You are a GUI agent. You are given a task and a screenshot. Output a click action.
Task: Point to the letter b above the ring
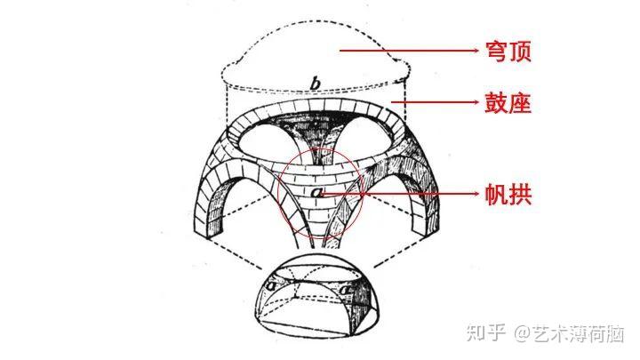coord(315,84)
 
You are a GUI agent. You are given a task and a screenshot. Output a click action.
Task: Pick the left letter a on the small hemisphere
coord(269,287)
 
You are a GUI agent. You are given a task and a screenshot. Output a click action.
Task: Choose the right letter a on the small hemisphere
coord(346,288)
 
